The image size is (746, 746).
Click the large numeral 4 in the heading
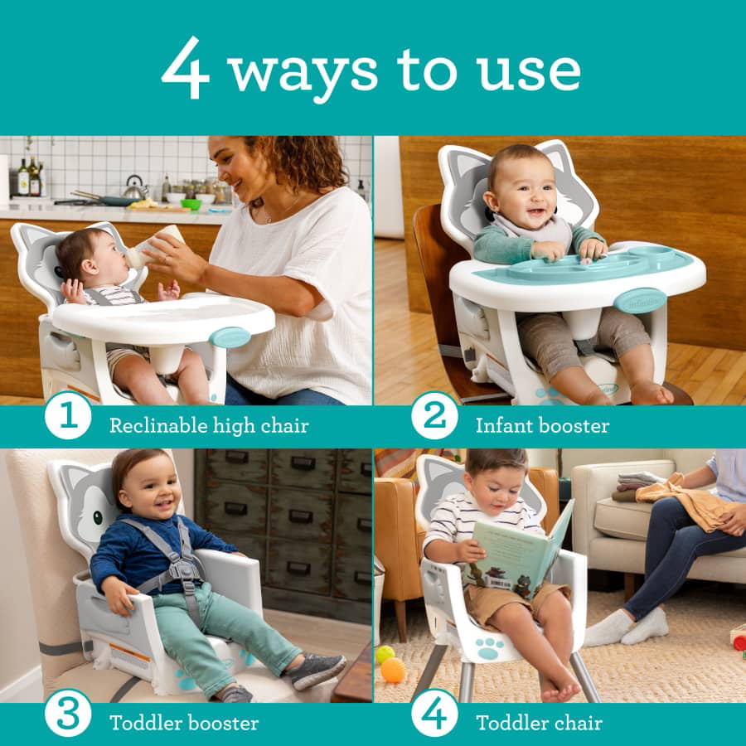click(x=185, y=67)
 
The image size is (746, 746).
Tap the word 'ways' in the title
click(x=303, y=74)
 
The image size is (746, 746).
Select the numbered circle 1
click(x=68, y=416)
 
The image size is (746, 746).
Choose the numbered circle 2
click(x=434, y=416)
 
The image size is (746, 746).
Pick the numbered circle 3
click(x=68, y=714)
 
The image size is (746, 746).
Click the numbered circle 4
click(x=434, y=714)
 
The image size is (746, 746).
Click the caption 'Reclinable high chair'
click(x=210, y=426)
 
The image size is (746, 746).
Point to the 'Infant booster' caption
click(x=542, y=426)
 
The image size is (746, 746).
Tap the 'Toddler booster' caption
click(x=184, y=723)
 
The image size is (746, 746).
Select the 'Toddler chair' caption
click(x=539, y=723)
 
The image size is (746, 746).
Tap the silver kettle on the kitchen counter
click(x=134, y=188)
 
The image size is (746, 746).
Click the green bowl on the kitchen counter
click(x=191, y=204)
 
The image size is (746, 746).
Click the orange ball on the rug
click(x=393, y=670)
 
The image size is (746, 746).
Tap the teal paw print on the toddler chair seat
click(x=489, y=648)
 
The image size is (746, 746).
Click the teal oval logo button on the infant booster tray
click(x=639, y=301)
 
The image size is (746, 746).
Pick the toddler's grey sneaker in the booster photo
click(x=317, y=671)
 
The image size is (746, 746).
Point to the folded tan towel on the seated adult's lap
click(x=685, y=504)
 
